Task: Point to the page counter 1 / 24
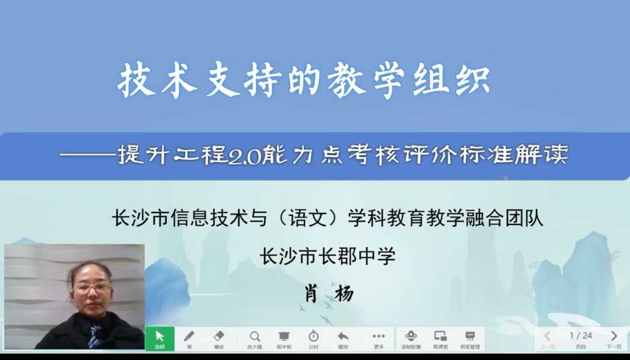point(580,335)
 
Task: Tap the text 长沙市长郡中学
point(327,256)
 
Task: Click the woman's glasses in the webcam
point(92,288)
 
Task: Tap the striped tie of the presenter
point(94,337)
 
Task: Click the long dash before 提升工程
point(87,156)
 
